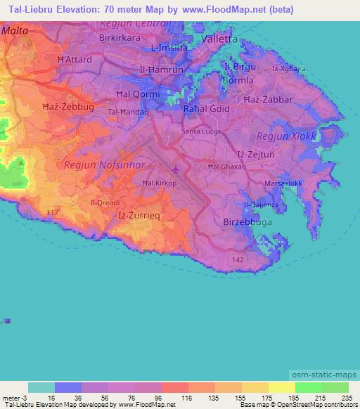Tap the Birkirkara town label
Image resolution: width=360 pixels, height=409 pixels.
coord(121,37)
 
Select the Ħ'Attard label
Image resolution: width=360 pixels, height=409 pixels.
coord(75,60)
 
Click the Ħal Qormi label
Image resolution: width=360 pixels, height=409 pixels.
coord(137,93)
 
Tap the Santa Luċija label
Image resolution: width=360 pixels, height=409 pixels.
coord(202,131)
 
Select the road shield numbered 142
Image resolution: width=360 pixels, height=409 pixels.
coord(240,259)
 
